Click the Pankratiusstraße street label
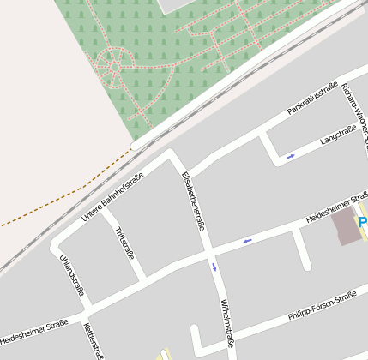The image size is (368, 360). (x=312, y=100)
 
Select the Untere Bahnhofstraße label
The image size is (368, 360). (x=112, y=196)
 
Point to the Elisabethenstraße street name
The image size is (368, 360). (x=194, y=201)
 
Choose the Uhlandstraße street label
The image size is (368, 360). (x=72, y=275)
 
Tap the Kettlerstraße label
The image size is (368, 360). (x=94, y=341)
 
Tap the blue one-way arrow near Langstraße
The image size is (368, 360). (x=291, y=156)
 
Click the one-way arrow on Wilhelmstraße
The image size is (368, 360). (x=214, y=267)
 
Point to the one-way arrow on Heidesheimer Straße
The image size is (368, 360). (x=247, y=240)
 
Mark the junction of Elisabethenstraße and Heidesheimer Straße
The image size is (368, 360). (x=209, y=252)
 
